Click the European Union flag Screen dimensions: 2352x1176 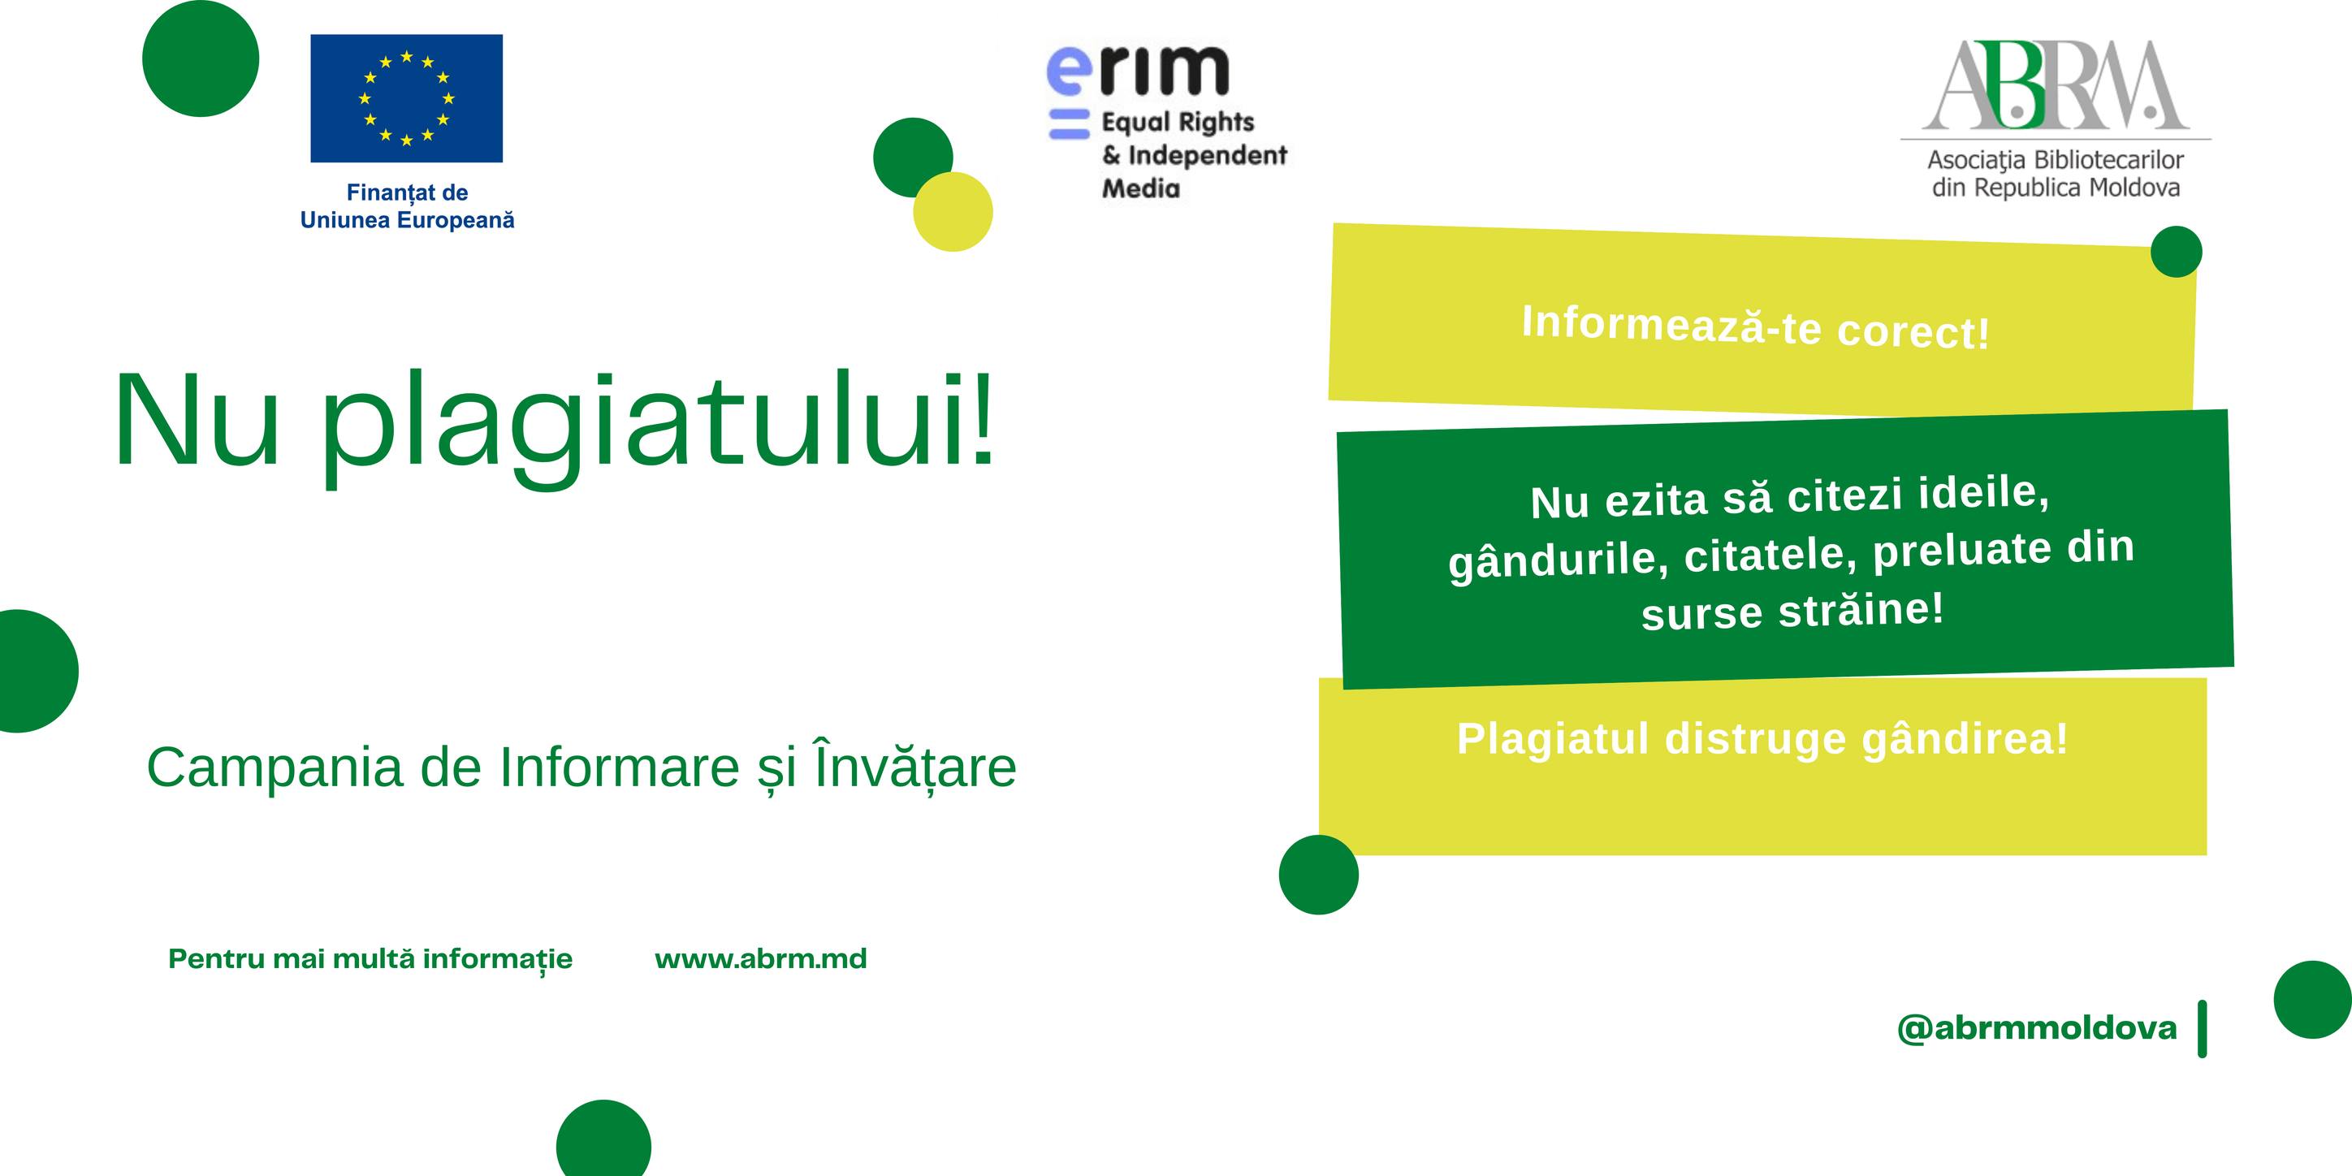pyautogui.click(x=406, y=98)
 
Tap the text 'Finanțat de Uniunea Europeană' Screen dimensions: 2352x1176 pyautogui.click(x=407, y=206)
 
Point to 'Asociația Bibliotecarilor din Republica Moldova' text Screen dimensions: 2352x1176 pyautogui.click(x=2056, y=175)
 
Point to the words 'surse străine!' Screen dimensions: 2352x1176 pyautogui.click(x=1792, y=611)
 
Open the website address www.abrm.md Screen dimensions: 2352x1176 pyautogui.click(x=760, y=958)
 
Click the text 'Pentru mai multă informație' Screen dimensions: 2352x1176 pyautogui.click(x=370, y=961)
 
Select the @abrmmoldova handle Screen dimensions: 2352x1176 pyautogui.click(x=2037, y=1029)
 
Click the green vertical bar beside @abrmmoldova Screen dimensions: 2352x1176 pyautogui.click(x=2203, y=1029)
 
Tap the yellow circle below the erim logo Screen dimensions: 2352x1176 pyautogui.click(x=953, y=212)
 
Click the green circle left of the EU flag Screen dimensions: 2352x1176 pyautogui.click(x=201, y=58)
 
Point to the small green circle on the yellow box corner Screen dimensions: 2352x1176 pyautogui.click(x=2176, y=252)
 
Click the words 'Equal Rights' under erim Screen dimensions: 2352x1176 pyautogui.click(x=1178, y=123)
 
